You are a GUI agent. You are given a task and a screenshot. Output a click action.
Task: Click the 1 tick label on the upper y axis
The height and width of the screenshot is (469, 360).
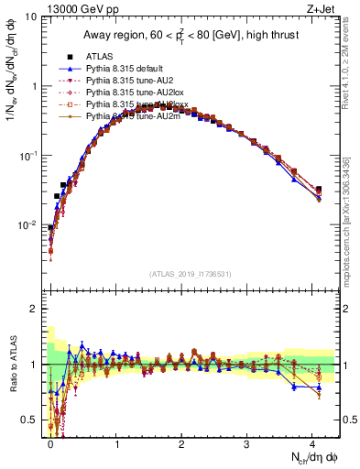pos(34,86)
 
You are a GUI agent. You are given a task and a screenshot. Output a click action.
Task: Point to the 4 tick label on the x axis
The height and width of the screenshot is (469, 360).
pos(312,442)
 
